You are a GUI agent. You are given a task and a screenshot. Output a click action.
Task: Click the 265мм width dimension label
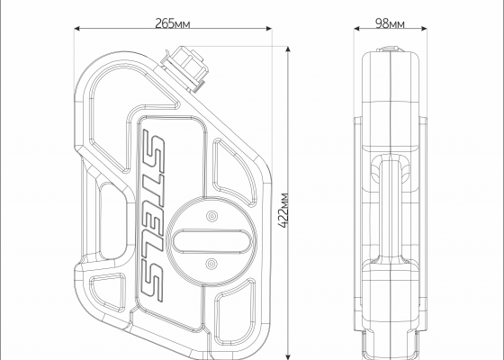173,23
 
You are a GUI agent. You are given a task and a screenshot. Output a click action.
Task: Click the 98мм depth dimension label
390,23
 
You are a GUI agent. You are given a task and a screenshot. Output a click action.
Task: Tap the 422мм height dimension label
283,211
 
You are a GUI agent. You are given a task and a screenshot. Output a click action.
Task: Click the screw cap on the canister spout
186,67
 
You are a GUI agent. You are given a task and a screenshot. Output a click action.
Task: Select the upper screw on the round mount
211,216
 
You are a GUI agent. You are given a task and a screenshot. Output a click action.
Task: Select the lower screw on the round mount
211,265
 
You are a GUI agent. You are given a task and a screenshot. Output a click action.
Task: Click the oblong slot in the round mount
212,240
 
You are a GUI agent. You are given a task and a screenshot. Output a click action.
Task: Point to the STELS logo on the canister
152,216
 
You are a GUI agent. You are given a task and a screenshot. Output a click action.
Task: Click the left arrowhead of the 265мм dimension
77,29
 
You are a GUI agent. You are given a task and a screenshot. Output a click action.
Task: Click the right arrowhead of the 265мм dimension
269,29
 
